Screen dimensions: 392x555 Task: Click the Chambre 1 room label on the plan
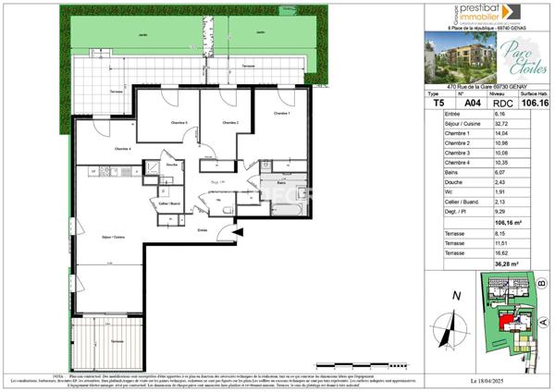[x=281, y=113]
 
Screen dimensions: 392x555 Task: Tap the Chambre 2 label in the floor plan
[x=229, y=123]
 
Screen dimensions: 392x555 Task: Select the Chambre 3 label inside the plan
[x=179, y=123]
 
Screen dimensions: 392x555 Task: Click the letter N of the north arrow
[x=455, y=296]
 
